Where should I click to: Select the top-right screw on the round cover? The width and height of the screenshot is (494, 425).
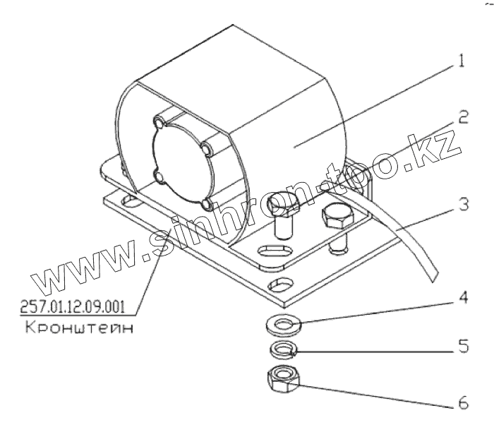pos(206,149)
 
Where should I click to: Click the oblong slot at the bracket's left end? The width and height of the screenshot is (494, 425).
pos(128,202)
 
